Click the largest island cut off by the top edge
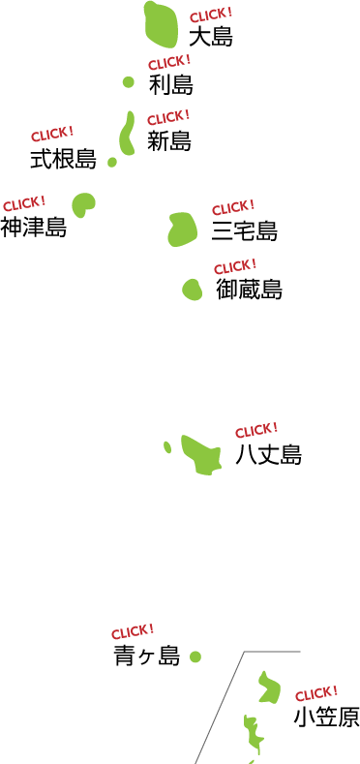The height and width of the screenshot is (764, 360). tap(161, 25)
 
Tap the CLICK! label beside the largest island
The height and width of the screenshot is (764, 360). tap(210, 15)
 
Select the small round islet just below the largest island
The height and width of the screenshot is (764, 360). tap(129, 82)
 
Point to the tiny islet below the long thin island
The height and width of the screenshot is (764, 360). tap(112, 162)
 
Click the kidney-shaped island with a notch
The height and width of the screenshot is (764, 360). tap(83, 204)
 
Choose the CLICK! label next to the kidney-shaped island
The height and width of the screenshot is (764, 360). tap(24, 204)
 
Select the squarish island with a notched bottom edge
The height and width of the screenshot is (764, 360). tap(182, 229)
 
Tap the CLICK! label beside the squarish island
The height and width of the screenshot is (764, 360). tap(233, 207)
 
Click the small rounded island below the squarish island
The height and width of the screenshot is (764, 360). tap(192, 290)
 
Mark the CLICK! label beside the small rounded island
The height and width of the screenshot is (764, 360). tap(235, 266)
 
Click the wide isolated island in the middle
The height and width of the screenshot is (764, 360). tap(201, 455)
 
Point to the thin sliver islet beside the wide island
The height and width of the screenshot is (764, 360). tap(167, 447)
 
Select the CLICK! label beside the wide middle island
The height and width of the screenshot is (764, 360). tap(256, 430)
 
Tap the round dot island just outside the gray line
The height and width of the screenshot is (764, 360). tap(195, 657)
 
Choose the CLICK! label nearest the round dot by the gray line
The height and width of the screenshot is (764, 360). tap(133, 632)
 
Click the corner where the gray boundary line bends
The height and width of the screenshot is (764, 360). tap(243, 653)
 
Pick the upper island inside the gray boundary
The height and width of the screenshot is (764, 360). tap(269, 688)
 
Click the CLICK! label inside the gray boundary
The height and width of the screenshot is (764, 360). tap(316, 693)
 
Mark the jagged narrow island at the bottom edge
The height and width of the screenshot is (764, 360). tap(254, 735)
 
